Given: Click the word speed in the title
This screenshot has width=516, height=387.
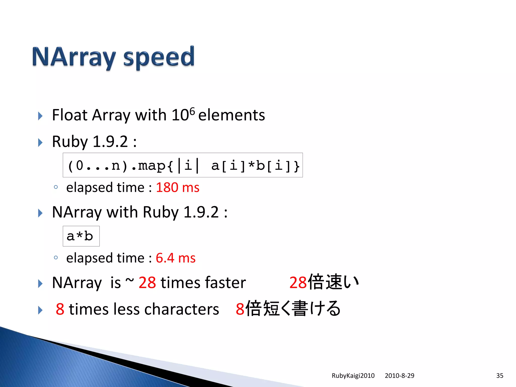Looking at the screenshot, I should pyautogui.click(x=159, y=57).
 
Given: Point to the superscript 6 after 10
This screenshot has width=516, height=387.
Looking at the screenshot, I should pyautogui.click(x=192, y=111).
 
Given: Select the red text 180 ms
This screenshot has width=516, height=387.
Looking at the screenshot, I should pyautogui.click(x=178, y=187).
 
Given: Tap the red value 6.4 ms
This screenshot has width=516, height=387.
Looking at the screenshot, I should pyautogui.click(x=176, y=258).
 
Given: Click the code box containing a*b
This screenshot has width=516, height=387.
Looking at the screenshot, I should pyautogui.click(x=81, y=236).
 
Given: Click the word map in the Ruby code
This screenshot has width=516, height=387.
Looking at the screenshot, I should pyautogui.click(x=152, y=166).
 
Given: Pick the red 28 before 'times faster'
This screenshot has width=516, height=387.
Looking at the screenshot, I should pyautogui.click(x=147, y=282).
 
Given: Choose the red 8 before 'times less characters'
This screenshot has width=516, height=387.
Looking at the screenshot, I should pyautogui.click(x=60, y=309).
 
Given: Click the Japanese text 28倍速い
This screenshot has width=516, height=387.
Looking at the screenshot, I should pyautogui.click(x=324, y=282).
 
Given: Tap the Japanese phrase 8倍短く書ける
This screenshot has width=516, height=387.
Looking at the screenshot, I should pyautogui.click(x=288, y=309).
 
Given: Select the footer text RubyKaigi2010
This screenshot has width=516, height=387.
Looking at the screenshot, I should pyautogui.click(x=353, y=376).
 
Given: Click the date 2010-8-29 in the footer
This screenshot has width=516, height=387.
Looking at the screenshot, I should pyautogui.click(x=399, y=376).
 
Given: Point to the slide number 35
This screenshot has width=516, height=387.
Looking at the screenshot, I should pyautogui.click(x=500, y=376).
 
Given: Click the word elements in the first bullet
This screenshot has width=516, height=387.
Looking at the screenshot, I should pyautogui.click(x=232, y=115).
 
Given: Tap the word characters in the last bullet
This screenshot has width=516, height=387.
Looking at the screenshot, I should pyautogui.click(x=182, y=309).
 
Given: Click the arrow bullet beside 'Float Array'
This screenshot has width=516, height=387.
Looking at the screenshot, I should pyautogui.click(x=40, y=116).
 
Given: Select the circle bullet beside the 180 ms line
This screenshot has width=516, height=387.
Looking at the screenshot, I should pyautogui.click(x=56, y=187).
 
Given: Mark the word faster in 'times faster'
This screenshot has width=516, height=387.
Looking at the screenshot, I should pyautogui.click(x=225, y=282).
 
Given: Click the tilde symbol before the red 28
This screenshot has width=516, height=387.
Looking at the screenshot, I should pyautogui.click(x=130, y=280).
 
